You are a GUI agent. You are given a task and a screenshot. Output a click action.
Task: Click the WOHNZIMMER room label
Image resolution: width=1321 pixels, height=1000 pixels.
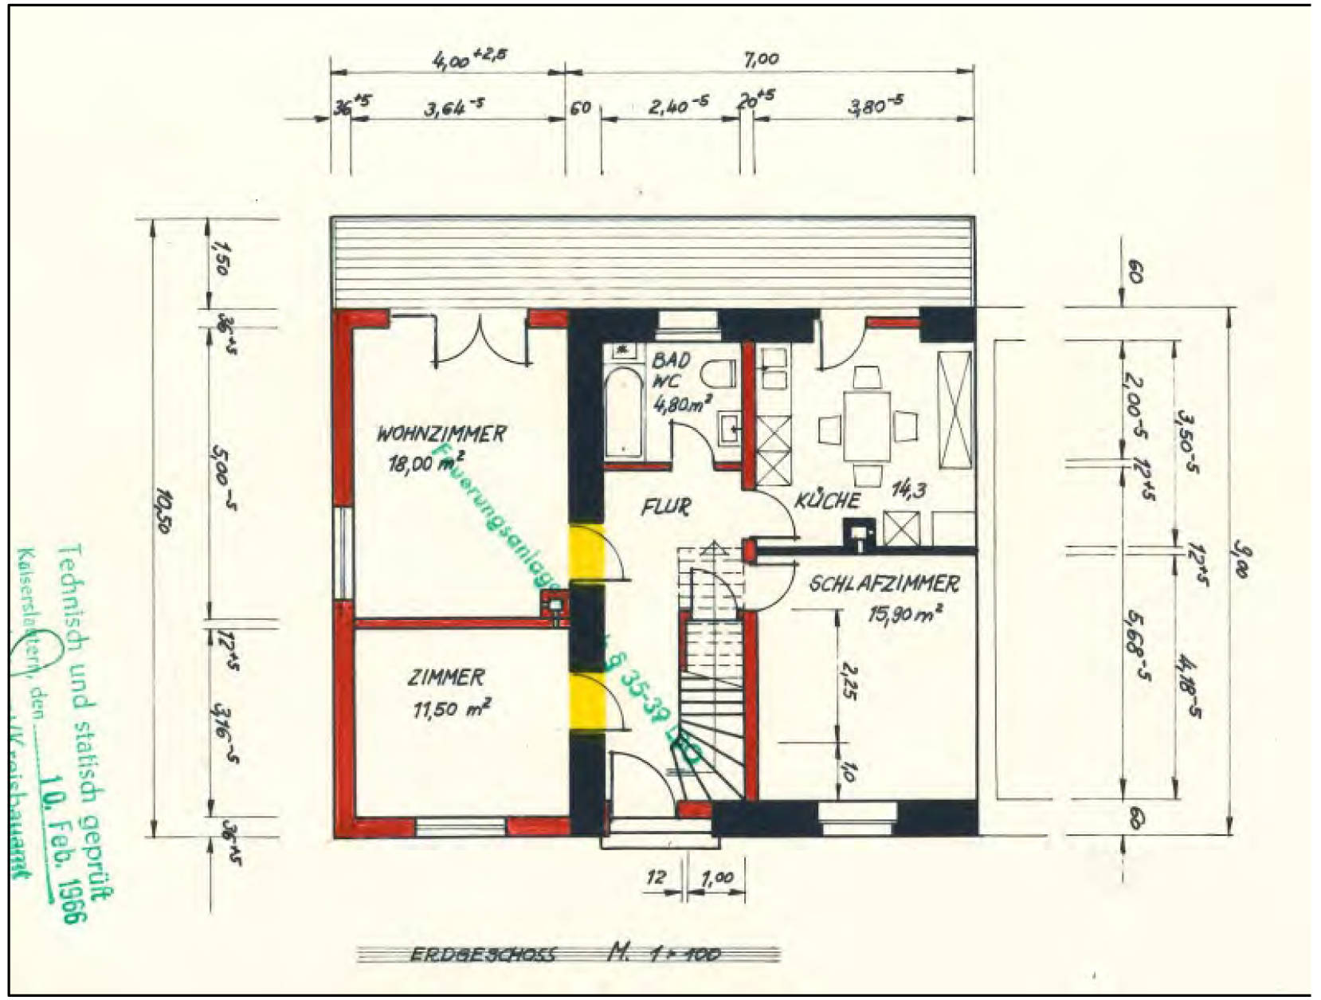click(x=441, y=434)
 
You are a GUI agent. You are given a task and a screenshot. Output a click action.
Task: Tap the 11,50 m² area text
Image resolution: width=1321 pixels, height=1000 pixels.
click(x=451, y=708)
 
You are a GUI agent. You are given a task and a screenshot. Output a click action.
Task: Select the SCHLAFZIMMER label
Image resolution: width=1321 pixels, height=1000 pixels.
click(x=884, y=584)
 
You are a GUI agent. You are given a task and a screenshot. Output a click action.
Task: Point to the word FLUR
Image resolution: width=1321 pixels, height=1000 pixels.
click(x=666, y=507)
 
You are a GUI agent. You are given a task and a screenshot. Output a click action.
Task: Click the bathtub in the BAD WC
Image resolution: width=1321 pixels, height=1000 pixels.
click(x=623, y=411)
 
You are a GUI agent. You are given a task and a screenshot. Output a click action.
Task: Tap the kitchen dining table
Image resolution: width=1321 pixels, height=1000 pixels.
click(x=868, y=424)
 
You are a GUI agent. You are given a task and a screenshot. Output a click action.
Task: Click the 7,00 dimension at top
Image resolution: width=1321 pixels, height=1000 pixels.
click(x=762, y=59)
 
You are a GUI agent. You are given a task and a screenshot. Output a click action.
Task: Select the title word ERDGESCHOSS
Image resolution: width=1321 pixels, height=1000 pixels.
click(x=483, y=954)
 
